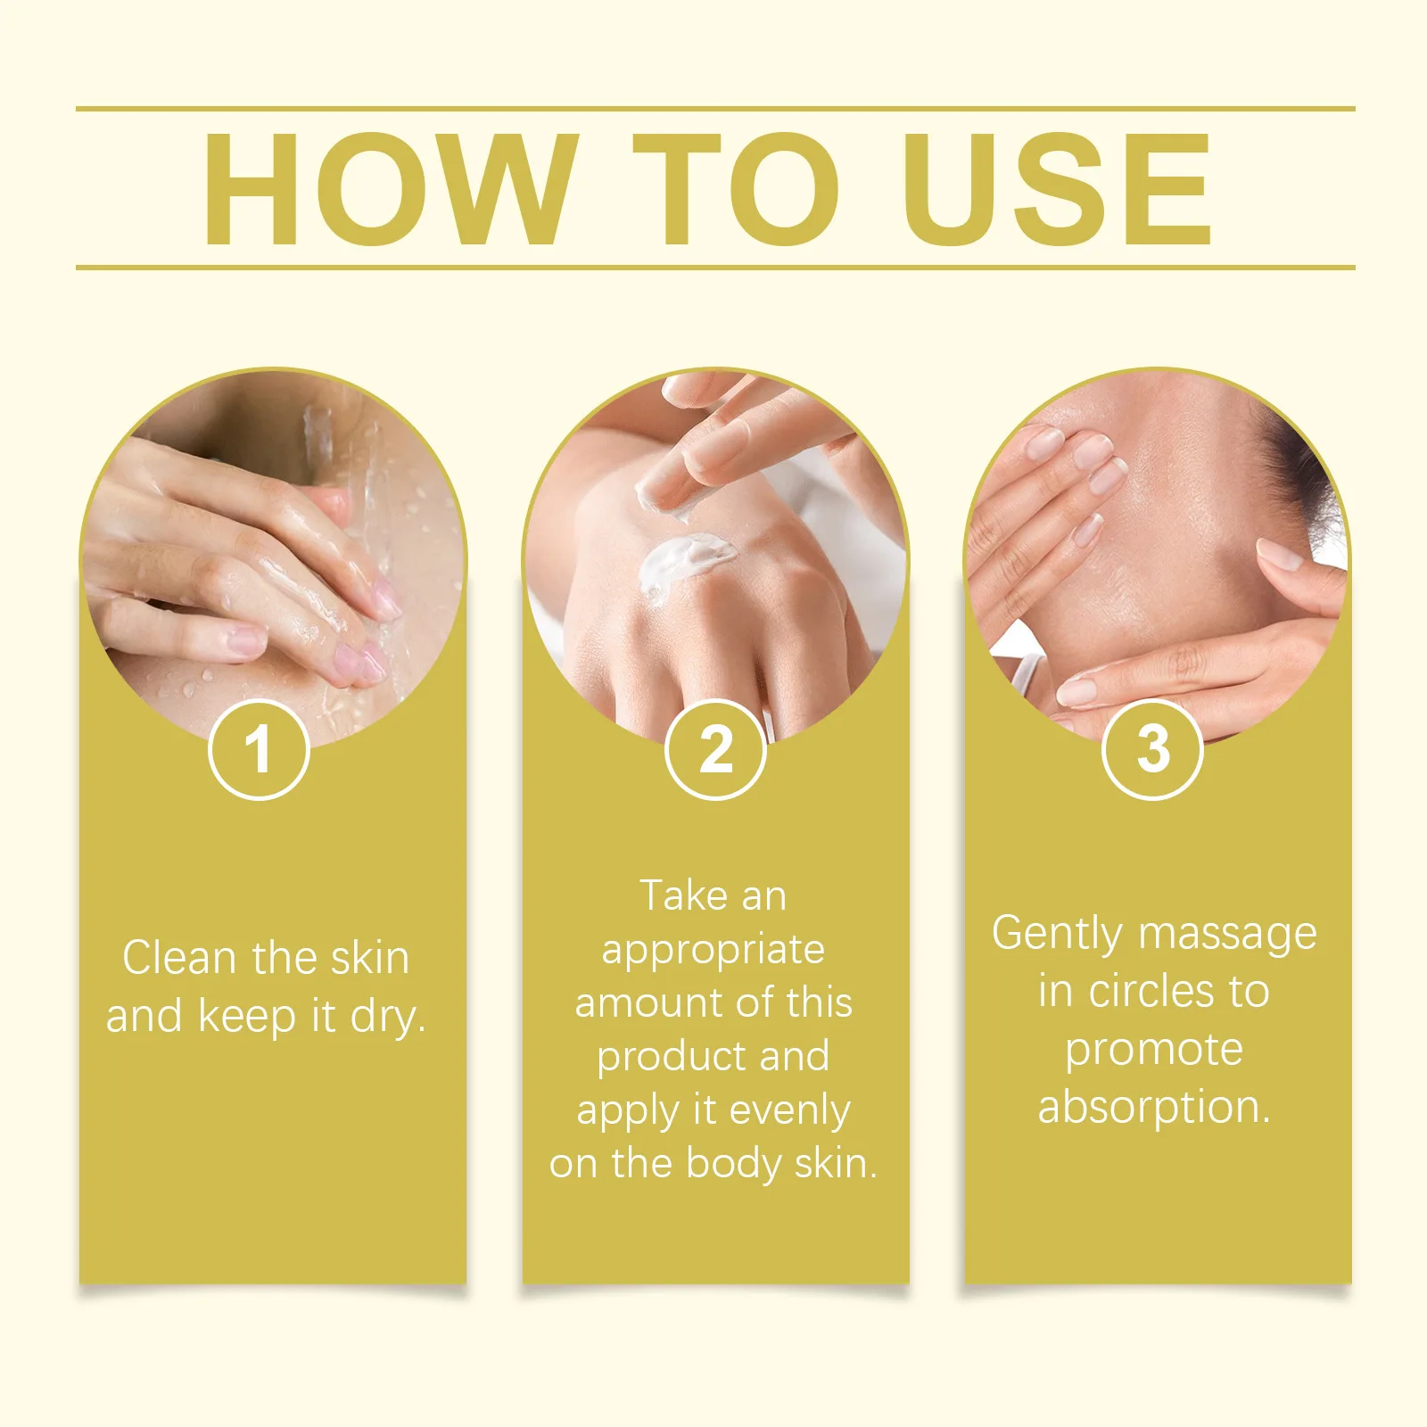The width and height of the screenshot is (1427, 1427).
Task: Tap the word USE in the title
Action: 1056,188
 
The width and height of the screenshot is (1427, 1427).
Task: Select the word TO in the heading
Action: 737,188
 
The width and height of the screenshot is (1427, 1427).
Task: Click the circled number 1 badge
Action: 259,749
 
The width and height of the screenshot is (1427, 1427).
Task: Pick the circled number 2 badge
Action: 715,749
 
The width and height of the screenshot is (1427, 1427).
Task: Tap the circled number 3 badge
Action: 1152,749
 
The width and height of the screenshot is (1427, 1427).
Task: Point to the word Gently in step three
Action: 1057,935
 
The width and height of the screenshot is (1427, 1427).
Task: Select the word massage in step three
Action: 1228,935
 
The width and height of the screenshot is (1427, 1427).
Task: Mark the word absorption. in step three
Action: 1154,1107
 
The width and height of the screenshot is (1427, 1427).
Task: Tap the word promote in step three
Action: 1154,1050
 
